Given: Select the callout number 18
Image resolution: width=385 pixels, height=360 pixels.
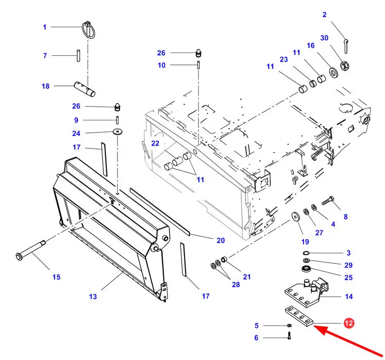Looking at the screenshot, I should (45, 86).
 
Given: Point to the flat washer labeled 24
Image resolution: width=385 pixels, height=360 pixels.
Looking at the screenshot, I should (117, 132).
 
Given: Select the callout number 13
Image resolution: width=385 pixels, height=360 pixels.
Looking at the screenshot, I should (93, 296).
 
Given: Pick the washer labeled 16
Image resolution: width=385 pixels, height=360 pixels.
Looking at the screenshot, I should (334, 73).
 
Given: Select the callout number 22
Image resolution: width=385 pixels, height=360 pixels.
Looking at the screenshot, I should (155, 143).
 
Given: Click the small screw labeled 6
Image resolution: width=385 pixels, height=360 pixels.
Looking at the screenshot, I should (289, 335).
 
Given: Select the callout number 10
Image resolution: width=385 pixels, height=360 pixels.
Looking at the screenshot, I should (161, 65).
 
